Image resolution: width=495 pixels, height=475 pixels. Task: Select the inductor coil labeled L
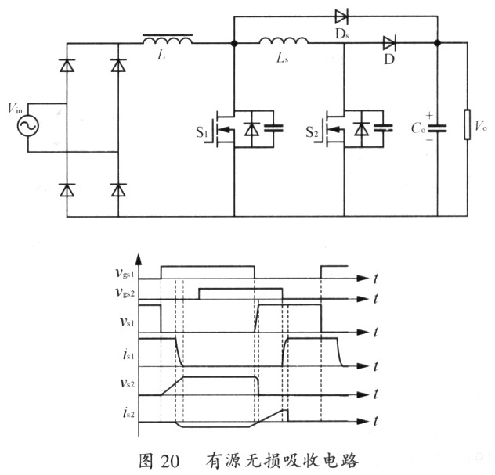click(166, 39)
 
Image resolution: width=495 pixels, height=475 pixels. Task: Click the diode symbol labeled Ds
click(341, 15)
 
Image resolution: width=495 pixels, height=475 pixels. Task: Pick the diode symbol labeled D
click(388, 42)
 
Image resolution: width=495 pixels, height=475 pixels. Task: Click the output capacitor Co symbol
click(438, 128)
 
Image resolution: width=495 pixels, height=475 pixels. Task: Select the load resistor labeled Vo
click(468, 124)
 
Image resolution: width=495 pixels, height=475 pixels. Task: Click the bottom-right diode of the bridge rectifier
click(118, 189)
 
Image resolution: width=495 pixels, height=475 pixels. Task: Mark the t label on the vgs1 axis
click(377, 278)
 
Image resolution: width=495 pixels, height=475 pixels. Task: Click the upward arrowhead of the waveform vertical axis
click(139, 257)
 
